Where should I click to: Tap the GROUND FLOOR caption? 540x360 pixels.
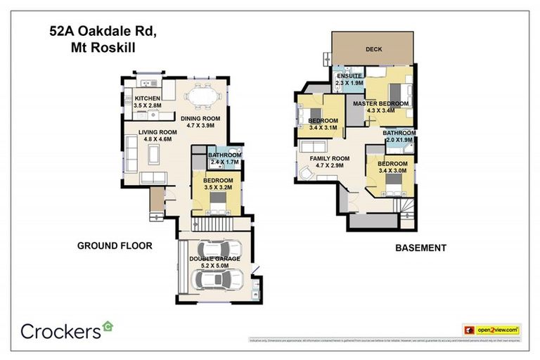(x=115, y=246)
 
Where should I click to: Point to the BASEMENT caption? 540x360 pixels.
(x=420, y=247)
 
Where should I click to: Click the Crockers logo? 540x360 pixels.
(x=67, y=330)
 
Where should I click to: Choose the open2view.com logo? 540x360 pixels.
(x=491, y=329)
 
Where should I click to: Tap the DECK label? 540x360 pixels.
(x=373, y=49)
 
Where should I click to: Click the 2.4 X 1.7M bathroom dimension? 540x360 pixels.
(x=224, y=162)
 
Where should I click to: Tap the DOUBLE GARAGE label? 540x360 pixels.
(x=214, y=259)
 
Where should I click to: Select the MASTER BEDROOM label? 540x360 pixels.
(x=380, y=103)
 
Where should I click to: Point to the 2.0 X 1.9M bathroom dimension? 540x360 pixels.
(x=399, y=140)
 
